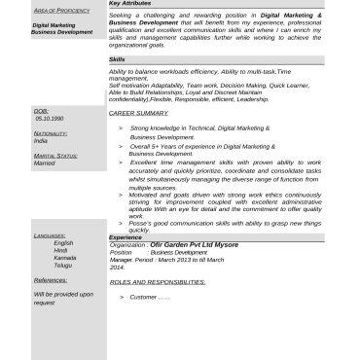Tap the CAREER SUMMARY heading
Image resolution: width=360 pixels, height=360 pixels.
click(138, 113)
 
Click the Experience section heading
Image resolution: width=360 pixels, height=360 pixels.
click(126, 236)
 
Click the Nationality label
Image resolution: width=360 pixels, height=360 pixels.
click(51, 132)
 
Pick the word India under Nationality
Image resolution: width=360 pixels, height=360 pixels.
click(40, 140)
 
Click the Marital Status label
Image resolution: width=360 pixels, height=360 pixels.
click(55, 155)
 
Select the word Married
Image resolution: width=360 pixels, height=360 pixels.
click(45, 162)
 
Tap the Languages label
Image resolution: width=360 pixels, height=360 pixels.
click(50, 235)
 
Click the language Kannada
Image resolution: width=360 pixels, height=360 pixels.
click(65, 257)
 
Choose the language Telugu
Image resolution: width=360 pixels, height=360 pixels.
click(63, 265)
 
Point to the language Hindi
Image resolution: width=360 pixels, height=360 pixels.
click(60, 250)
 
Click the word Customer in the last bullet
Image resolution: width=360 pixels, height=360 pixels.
click(143, 296)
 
